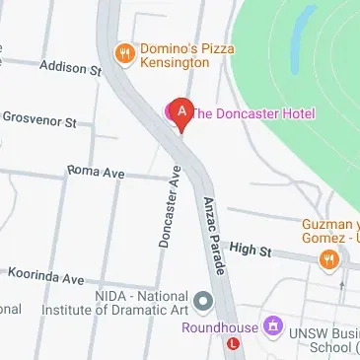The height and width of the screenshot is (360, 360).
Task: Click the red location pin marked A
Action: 180,112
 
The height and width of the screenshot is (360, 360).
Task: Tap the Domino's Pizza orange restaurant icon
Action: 124,53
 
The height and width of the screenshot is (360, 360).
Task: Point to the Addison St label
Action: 70,69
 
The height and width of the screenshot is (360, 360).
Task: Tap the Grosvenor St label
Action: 38,121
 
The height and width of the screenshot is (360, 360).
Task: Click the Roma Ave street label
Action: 96,172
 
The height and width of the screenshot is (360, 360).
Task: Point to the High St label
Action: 250,251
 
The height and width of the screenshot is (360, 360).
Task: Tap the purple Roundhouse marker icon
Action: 273,326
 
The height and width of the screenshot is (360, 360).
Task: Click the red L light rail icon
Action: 232,345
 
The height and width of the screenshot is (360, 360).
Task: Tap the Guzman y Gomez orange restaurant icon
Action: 327,259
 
